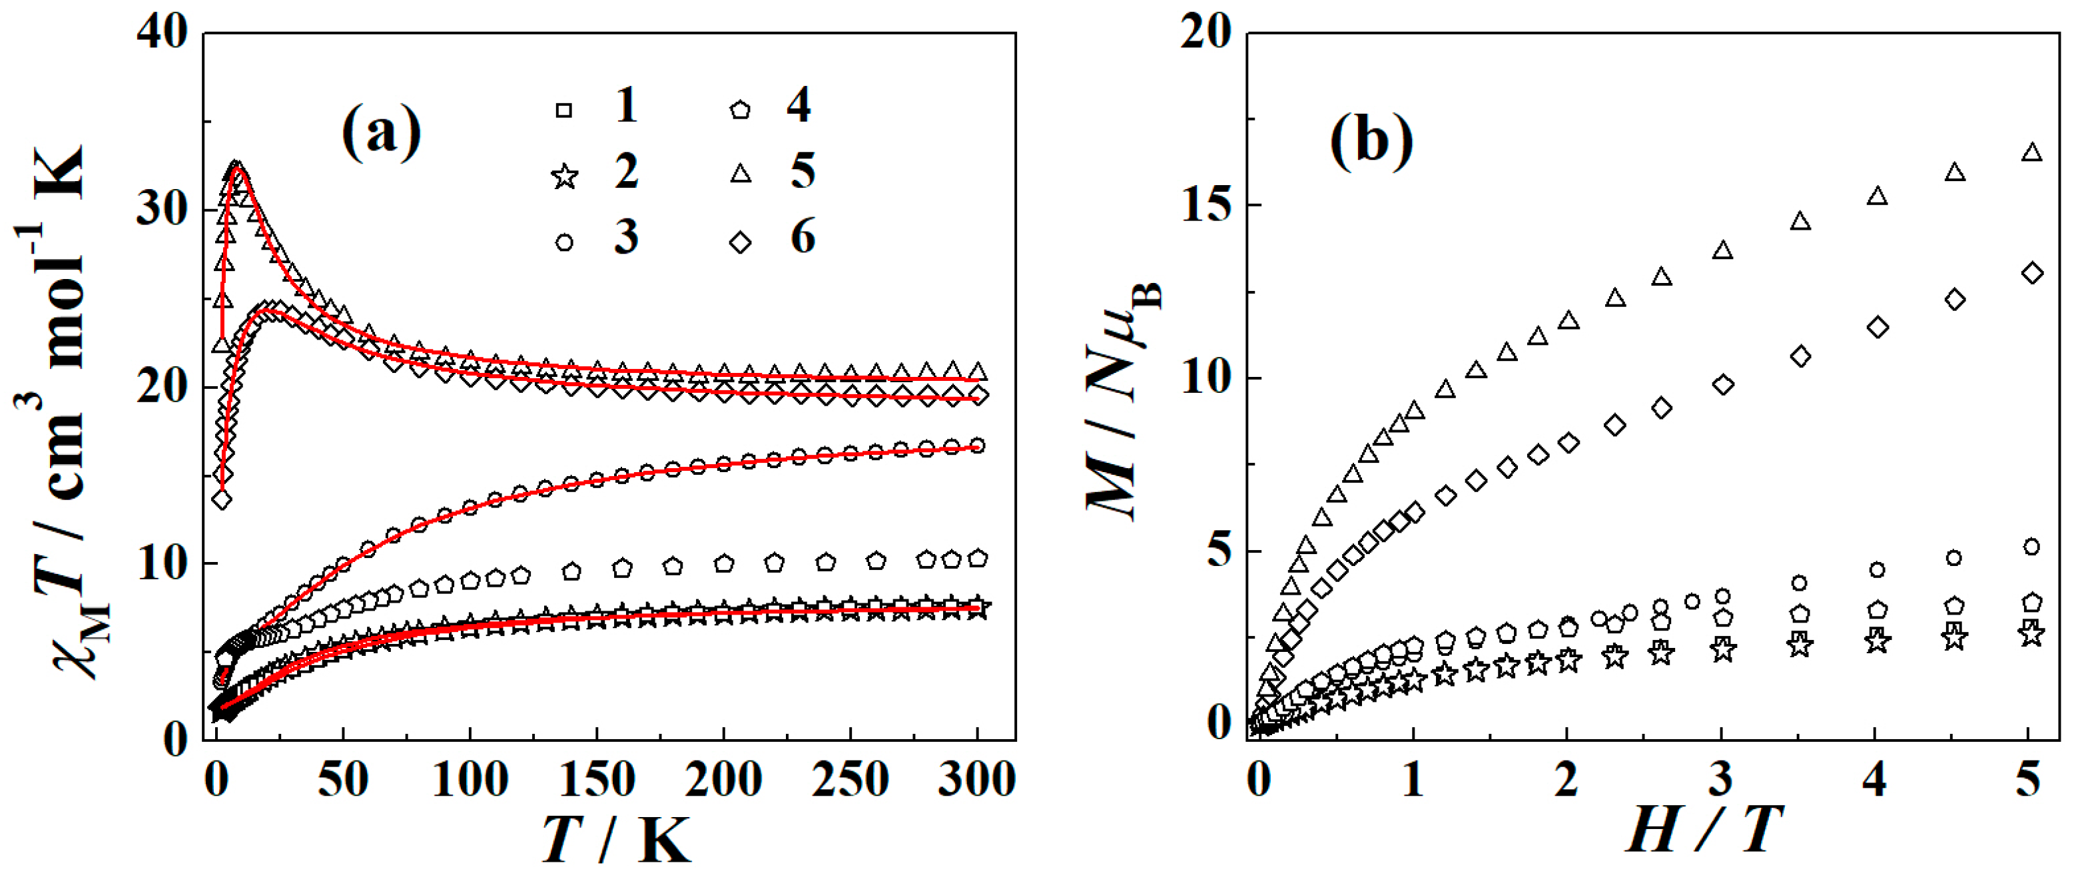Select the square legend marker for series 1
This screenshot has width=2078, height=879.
point(565,111)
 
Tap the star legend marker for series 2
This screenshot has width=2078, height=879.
point(565,176)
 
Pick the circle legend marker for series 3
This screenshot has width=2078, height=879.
point(565,242)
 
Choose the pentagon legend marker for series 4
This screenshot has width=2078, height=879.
point(740,110)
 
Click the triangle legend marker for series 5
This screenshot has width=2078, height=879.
point(741,173)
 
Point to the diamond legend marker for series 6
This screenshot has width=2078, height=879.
point(741,242)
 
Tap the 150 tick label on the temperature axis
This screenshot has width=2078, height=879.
point(596,780)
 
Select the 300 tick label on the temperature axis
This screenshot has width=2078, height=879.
point(976,780)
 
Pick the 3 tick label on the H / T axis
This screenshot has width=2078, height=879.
point(1720,780)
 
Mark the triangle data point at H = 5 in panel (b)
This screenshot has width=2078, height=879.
point(2032,152)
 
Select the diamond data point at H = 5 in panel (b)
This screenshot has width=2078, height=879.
point(2033,274)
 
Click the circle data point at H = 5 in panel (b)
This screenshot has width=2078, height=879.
point(2032,547)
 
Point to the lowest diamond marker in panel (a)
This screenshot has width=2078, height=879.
point(222,500)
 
